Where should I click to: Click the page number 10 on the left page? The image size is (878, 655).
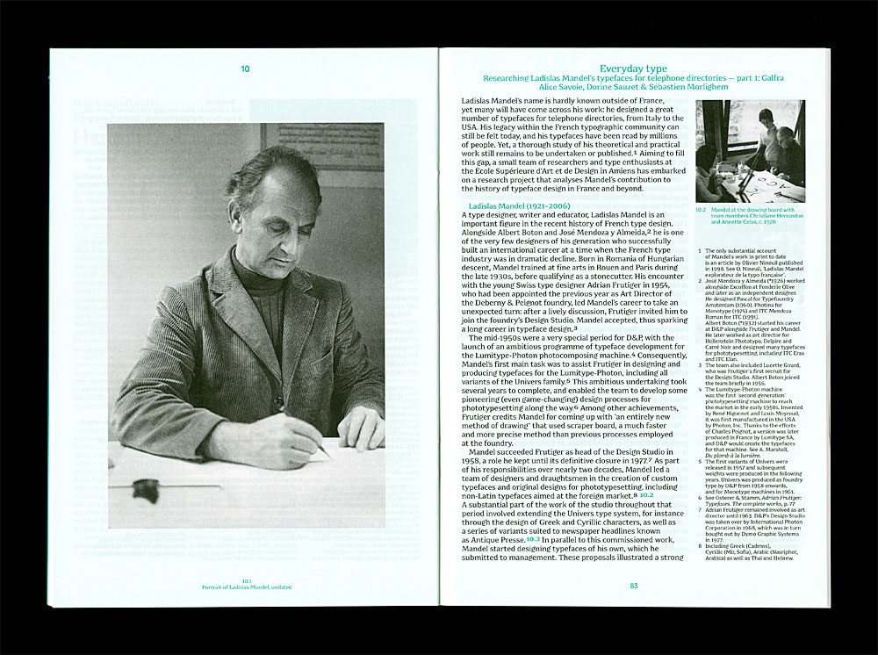pos(245,68)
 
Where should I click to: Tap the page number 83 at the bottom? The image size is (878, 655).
pos(633,586)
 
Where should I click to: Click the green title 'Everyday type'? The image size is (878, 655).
pos(633,68)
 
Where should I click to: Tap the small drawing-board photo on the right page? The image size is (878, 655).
pos(750,151)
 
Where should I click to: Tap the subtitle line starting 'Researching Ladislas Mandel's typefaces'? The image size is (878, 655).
pos(633,78)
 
